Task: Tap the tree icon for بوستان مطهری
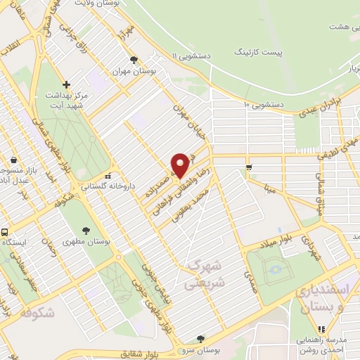86,230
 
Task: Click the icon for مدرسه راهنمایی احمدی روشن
321,328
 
